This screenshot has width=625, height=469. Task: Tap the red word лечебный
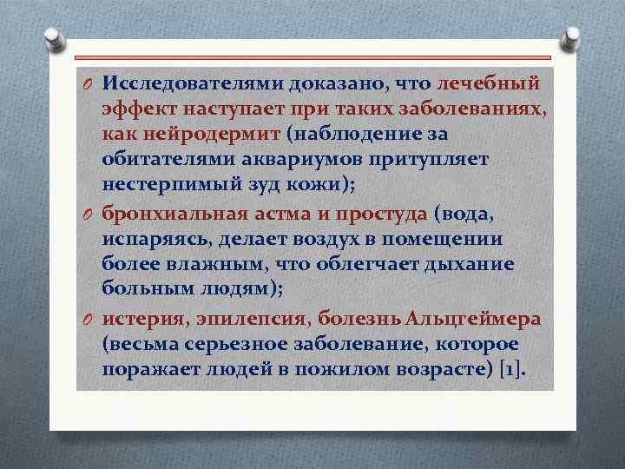pyautogui.click(x=490, y=83)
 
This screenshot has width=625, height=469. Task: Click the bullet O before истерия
pyautogui.click(x=88, y=320)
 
